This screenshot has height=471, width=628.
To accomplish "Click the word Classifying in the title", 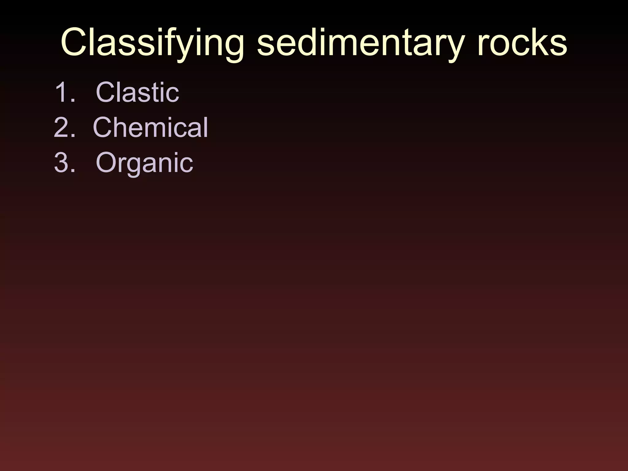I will pyautogui.click(x=152, y=43).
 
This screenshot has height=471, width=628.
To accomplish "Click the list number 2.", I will pyautogui.click(x=64, y=127).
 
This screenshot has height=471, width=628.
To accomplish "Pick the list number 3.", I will pyautogui.click(x=64, y=163).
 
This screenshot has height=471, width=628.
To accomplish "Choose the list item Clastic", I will pyautogui.click(x=137, y=92).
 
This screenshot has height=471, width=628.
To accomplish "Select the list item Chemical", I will pyautogui.click(x=151, y=127).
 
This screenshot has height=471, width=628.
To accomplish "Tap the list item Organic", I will pyautogui.click(x=144, y=163).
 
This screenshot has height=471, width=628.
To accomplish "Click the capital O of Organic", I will pyautogui.click(x=107, y=163).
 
